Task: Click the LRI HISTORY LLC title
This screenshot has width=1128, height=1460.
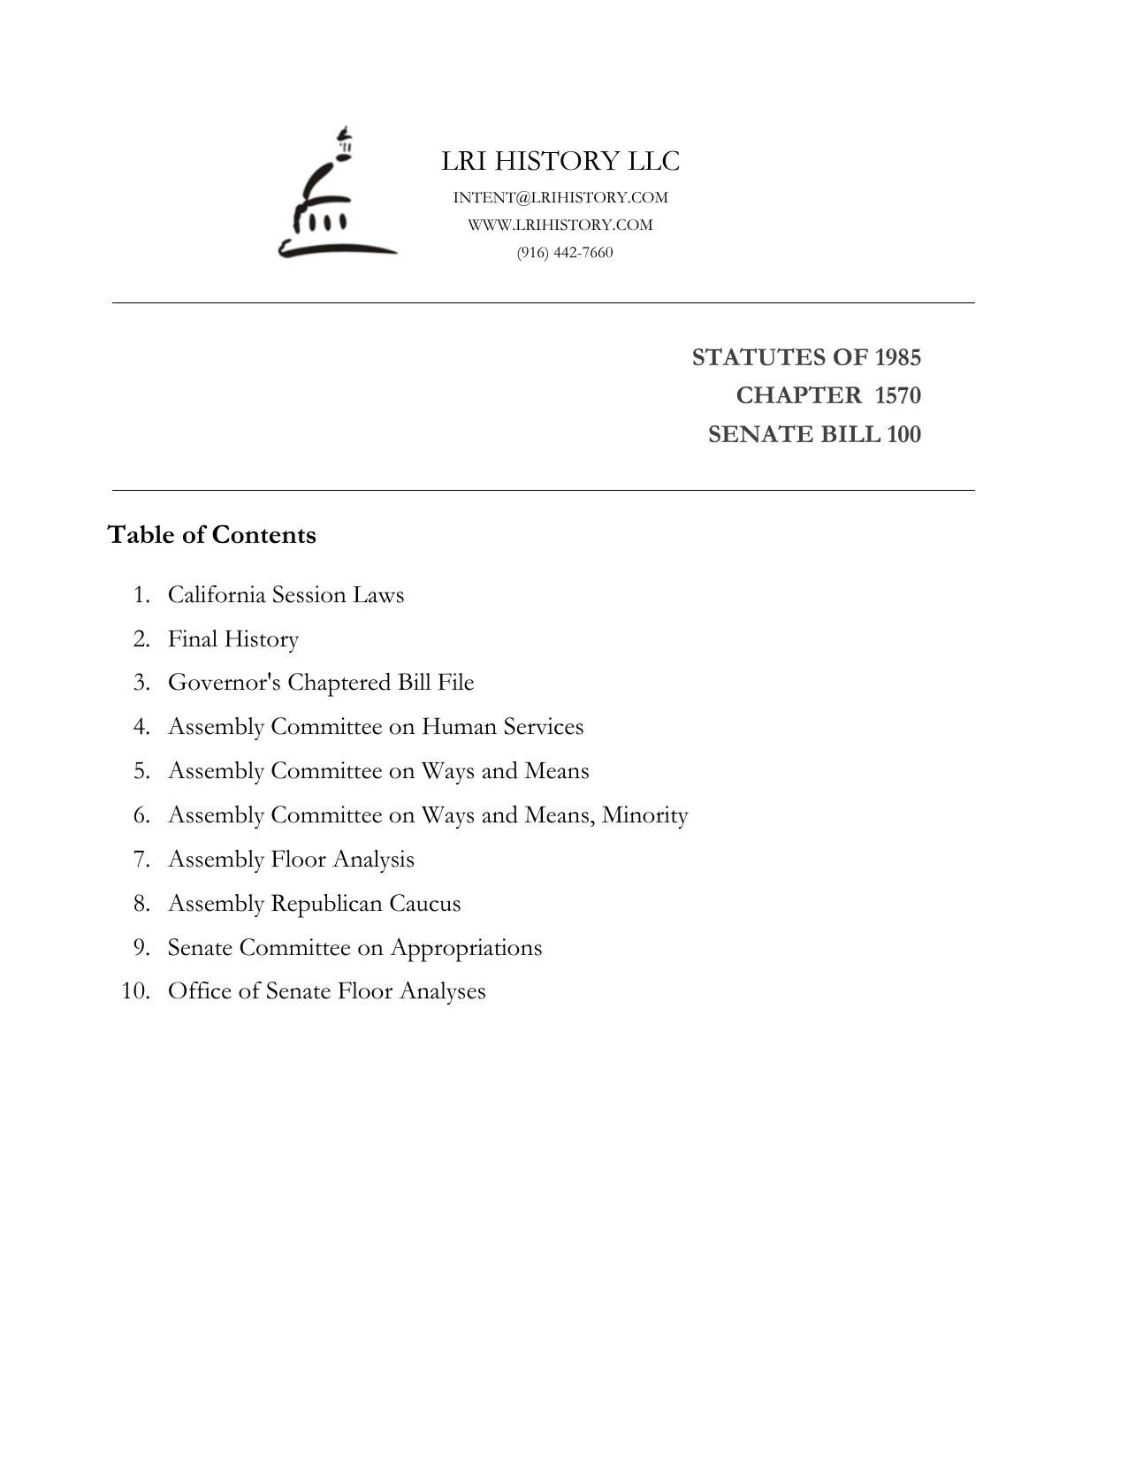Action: tap(560, 161)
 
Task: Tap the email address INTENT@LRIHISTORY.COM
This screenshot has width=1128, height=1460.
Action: tap(560, 197)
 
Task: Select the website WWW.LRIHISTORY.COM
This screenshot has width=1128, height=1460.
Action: tap(560, 225)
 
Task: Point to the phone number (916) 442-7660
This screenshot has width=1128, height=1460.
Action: tap(565, 252)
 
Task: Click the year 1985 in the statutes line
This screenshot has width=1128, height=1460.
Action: tap(897, 357)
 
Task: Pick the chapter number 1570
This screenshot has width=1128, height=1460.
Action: tap(897, 395)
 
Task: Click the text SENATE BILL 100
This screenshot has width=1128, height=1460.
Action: tap(814, 434)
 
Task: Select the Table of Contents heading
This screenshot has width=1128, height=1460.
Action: tap(211, 535)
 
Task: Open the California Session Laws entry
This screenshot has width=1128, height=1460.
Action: tap(286, 594)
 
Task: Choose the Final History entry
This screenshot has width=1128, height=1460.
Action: tap(233, 638)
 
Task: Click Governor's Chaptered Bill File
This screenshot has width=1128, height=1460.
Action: tap(321, 683)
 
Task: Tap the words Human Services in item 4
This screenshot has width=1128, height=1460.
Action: tap(502, 727)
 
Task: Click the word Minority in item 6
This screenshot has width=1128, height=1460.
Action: tap(644, 814)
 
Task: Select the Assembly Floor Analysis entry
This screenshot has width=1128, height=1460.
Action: tap(291, 859)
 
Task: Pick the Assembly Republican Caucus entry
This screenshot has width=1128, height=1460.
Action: tap(314, 903)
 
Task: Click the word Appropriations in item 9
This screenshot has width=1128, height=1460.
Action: tap(466, 948)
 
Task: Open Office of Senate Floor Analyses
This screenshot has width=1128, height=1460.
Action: tap(326, 990)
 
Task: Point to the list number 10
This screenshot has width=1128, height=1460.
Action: tap(135, 990)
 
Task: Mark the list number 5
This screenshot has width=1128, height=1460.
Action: tap(142, 771)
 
